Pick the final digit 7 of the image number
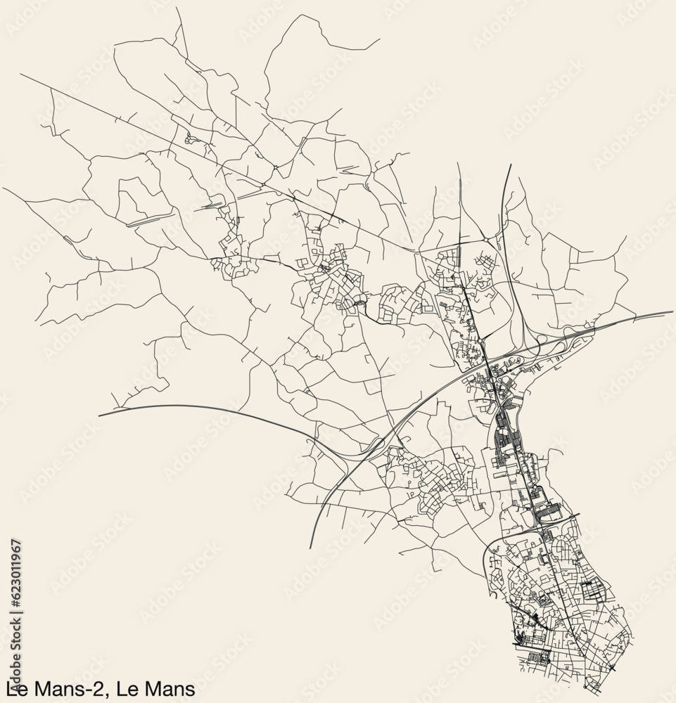[x=15, y=543]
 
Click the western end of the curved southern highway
[x=99, y=415]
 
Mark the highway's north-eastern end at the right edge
[x=672, y=311]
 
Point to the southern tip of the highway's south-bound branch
[x=310, y=548]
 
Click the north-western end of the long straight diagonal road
[x=21, y=75]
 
